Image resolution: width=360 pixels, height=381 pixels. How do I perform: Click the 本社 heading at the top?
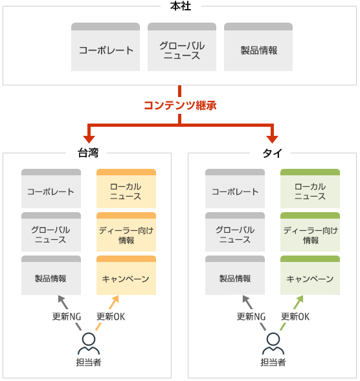coord(181,6)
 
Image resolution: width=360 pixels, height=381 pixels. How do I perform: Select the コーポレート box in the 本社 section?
coord(106,47)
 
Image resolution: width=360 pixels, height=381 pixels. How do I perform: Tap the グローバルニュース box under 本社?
coord(182,47)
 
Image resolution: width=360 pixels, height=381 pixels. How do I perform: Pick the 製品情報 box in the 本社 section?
coord(258,47)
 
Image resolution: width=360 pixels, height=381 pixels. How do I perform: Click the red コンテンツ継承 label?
coord(180,105)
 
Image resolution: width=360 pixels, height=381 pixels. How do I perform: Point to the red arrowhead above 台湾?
coord(89,139)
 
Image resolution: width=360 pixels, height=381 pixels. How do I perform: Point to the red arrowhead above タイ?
coord(272,139)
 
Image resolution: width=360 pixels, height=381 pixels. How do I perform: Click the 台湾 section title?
coord(88,153)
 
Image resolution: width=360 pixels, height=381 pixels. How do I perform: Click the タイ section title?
coord(272,153)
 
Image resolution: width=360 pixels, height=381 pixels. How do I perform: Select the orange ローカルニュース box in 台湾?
coord(126,188)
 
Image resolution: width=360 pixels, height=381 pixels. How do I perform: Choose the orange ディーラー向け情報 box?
coord(126,232)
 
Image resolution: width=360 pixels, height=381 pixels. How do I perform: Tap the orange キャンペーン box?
coord(126,276)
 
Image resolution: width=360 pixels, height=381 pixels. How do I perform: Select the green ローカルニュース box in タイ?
coord(310,188)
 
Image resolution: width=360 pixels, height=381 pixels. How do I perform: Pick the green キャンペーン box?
coord(310,276)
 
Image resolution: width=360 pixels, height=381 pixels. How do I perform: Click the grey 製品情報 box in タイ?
coord(235,276)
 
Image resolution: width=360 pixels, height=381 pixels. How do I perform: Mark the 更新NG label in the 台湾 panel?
coord(67,316)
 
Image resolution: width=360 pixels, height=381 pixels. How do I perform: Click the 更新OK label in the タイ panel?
coord(295,316)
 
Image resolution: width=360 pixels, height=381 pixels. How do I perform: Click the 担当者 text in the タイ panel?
coord(273,362)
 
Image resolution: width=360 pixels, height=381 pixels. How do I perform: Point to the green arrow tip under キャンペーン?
coord(303,296)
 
